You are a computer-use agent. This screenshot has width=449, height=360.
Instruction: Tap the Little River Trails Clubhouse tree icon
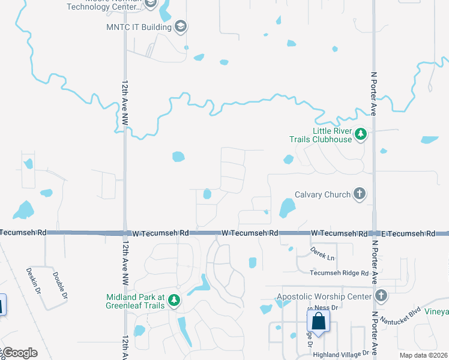tap(361, 134)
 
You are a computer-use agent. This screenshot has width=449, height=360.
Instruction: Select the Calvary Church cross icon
tap(360, 194)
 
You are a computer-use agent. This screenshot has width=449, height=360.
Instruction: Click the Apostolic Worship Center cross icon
tap(381, 296)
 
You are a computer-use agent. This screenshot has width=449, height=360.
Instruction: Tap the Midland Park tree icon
tap(174, 301)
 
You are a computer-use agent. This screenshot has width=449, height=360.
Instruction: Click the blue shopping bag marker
tap(319, 321)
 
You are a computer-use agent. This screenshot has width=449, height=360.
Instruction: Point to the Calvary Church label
tap(322, 194)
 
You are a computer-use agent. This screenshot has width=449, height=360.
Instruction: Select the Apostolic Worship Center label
tap(324, 296)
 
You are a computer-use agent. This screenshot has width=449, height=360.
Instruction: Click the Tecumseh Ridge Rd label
tap(339, 273)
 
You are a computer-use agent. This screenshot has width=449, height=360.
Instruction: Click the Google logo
tap(20, 353)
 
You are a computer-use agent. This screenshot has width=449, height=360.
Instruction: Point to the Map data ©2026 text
tap(423, 355)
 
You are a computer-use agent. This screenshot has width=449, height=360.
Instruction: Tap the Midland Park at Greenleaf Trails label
tap(135, 301)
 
